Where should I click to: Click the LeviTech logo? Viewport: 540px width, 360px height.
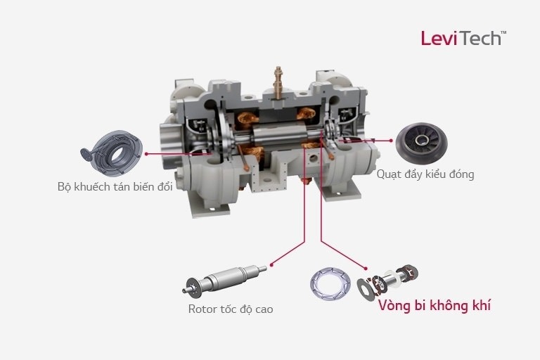(x=463, y=38)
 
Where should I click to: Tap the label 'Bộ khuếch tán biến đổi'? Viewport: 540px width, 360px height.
(x=115, y=187)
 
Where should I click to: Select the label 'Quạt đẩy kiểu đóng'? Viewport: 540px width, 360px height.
(x=425, y=174)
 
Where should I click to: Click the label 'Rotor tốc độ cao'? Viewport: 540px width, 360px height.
(x=231, y=309)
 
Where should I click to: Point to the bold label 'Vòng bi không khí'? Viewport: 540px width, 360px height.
(x=435, y=306)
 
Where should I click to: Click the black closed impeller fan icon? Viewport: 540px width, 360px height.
(x=422, y=143)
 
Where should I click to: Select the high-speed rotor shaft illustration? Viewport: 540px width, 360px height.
(x=224, y=280)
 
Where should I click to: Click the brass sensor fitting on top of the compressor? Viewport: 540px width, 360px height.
(x=278, y=82)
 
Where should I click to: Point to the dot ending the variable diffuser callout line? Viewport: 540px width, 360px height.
(x=146, y=154)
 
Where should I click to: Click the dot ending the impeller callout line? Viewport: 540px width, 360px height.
(x=390, y=141)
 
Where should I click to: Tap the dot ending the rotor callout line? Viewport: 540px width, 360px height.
(x=271, y=264)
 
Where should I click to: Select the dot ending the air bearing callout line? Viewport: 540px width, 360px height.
(x=366, y=269)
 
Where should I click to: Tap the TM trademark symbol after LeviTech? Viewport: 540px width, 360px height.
(x=503, y=32)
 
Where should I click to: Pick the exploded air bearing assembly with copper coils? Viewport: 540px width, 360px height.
(x=388, y=281)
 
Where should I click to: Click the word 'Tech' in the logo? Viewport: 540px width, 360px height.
(x=480, y=38)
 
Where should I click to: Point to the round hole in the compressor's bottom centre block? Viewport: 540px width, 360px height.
(x=314, y=158)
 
